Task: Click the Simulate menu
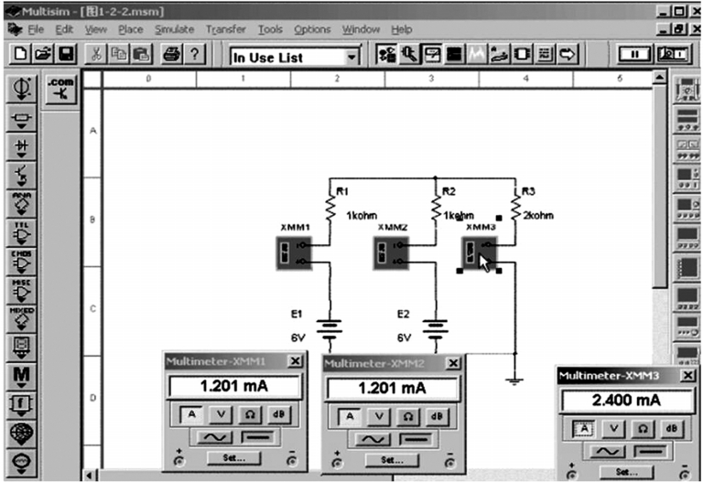coord(174,29)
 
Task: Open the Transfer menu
coord(225,29)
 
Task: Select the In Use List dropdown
coord(295,57)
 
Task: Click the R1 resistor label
coord(342,192)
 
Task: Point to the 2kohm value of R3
coord(538,216)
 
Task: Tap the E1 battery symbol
coord(330,328)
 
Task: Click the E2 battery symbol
coord(435,328)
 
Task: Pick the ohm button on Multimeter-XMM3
coord(644,428)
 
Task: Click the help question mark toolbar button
coord(194,56)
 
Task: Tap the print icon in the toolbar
coord(170,56)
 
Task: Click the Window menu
coord(361,29)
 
